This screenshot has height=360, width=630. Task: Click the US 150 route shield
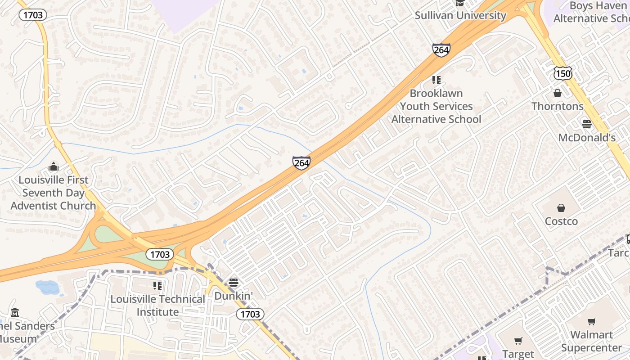click(x=563, y=73)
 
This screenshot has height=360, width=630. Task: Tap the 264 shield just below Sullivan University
click(x=441, y=50)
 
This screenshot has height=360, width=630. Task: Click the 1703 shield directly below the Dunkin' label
click(x=250, y=314)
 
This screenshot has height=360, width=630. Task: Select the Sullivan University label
click(x=460, y=15)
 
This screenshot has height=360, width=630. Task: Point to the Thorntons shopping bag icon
click(x=558, y=93)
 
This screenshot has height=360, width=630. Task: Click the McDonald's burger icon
click(x=586, y=124)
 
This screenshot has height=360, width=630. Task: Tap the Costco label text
click(x=561, y=221)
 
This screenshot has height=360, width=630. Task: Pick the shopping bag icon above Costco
click(x=561, y=208)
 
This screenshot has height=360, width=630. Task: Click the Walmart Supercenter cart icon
click(x=592, y=321)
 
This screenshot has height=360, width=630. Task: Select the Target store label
click(x=517, y=354)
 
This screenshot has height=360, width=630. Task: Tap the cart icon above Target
click(x=518, y=341)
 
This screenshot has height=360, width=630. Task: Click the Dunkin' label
click(x=234, y=296)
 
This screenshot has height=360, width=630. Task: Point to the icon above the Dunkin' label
click(x=233, y=283)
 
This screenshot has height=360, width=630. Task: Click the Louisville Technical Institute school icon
click(x=157, y=285)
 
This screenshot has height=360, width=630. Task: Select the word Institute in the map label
click(x=157, y=312)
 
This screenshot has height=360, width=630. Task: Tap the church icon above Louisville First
click(x=54, y=167)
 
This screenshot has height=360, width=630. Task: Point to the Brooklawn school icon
click(x=436, y=80)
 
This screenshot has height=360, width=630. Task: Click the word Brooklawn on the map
click(x=436, y=94)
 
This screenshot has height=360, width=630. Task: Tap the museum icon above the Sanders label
click(x=15, y=312)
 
